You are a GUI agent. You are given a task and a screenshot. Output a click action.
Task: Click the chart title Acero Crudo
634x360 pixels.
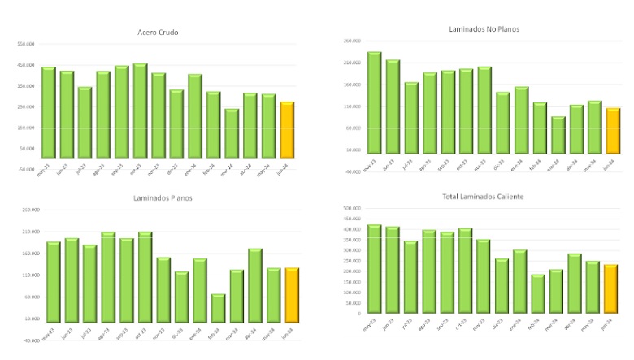coord(158,33)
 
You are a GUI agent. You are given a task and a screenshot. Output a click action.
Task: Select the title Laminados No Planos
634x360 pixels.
coord(484,29)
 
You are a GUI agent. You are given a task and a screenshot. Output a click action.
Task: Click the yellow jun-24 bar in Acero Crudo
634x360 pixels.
coord(287,130)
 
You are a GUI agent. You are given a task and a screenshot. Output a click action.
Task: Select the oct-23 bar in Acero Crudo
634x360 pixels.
coord(140,111)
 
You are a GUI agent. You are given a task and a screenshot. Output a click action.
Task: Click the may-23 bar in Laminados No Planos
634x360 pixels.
coord(374,102)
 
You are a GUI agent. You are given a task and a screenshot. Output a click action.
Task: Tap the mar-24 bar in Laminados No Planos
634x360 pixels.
coord(558,135)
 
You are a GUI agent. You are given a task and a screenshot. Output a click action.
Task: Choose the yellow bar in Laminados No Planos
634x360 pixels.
coord(613,131)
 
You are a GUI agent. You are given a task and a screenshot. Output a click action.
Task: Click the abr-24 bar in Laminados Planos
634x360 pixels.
coord(255,285)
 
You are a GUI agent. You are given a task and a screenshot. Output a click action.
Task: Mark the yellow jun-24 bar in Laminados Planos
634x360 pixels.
coord(292,295)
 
